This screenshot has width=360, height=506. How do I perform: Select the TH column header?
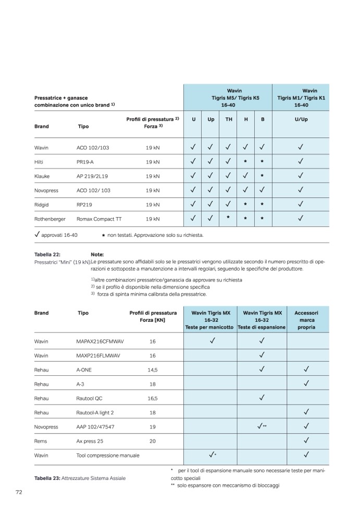pyautogui.click(x=228, y=119)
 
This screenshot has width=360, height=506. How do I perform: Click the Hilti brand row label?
pyautogui.click(x=39, y=162)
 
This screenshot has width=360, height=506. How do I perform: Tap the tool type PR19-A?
pyautogui.click(x=86, y=162)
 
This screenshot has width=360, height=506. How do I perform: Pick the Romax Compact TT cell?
pyautogui.click(x=100, y=219)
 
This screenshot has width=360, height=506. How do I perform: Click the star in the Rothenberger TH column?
pyautogui.click(x=228, y=217)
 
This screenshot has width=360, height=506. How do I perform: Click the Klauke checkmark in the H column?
pyautogui.click(x=245, y=175)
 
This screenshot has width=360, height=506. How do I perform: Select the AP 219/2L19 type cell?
pyautogui.click(x=93, y=176)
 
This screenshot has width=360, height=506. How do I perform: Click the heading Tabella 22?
pyautogui.click(x=47, y=254)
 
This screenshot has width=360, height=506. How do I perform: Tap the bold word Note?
pyautogui.click(x=97, y=254)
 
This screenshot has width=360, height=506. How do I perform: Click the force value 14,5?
pyautogui.click(x=152, y=370)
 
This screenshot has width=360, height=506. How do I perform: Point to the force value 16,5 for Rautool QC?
pyautogui.click(x=152, y=398)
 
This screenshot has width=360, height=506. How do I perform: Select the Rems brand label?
pyautogui.click(x=41, y=441)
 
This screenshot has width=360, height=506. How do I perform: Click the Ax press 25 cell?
pyautogui.click(x=90, y=441)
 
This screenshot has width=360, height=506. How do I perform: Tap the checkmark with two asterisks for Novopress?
pyautogui.click(x=262, y=426)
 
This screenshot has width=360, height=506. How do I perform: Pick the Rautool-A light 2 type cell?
pyautogui.click(x=95, y=412)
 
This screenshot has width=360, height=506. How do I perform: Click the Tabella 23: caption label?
pyautogui.click(x=47, y=477)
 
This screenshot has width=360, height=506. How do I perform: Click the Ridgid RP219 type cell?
pyautogui.click(x=84, y=205)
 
